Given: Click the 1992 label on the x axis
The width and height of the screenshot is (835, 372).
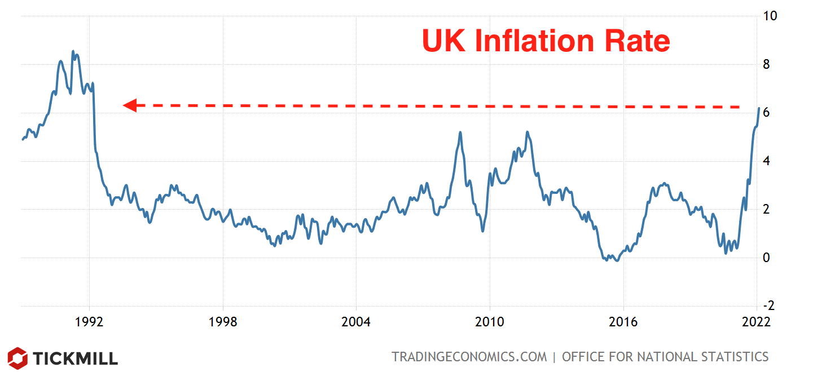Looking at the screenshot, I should tap(89, 322).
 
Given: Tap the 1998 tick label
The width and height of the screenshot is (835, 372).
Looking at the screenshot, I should tap(223, 322).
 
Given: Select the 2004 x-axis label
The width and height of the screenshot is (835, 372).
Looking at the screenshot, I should tap(356, 322).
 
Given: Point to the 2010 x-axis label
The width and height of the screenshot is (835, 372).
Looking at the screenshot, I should tap(489, 322).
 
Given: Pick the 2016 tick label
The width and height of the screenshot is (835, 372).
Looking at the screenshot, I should tap(623, 322).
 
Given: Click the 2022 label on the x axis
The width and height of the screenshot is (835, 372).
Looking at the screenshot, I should tap(756, 322).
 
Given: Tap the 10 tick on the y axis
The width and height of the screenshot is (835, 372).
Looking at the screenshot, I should tap(770, 16).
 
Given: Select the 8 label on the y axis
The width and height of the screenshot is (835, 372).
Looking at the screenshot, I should tap(766, 64).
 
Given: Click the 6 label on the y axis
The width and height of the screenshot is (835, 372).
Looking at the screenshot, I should tap(766, 113).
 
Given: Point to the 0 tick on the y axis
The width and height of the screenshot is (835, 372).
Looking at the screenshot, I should tap(766, 258).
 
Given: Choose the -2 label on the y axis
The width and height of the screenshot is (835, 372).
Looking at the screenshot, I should tap(768, 306).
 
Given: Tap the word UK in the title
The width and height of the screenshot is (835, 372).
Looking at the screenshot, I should tap(445, 41).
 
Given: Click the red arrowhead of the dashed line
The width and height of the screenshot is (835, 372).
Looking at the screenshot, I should tap(130, 105).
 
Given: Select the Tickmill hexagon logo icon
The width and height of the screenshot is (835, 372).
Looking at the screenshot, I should tap(17, 358).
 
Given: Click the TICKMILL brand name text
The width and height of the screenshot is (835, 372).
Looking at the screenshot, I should tap(74, 358).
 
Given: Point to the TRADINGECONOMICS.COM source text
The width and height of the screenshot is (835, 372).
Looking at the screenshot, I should tap(469, 357).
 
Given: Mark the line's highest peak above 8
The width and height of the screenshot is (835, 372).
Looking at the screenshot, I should tap(73, 51).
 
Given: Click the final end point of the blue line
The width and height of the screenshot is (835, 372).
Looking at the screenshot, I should tap(759, 108).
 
